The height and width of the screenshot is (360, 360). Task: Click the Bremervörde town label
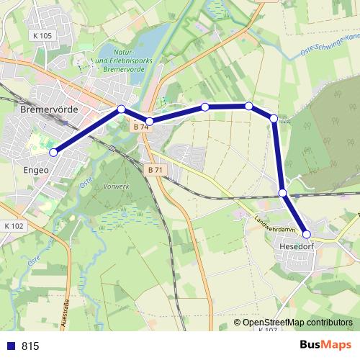[48, 111]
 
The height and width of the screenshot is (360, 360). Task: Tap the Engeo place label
[35, 171]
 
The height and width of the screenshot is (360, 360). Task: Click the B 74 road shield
[140, 127]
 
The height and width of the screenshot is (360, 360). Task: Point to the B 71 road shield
[152, 170]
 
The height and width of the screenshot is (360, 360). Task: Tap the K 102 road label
[14, 225]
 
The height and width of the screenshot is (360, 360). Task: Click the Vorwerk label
[116, 186]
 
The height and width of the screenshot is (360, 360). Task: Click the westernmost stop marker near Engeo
[53, 152]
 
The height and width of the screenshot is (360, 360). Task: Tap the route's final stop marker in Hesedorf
[307, 234]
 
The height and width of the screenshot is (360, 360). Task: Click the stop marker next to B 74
[149, 121]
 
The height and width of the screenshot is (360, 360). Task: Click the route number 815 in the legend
[30, 346]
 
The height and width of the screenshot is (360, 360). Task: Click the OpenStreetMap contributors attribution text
[297, 322]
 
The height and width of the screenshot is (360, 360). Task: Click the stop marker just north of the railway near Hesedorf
[283, 192]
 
